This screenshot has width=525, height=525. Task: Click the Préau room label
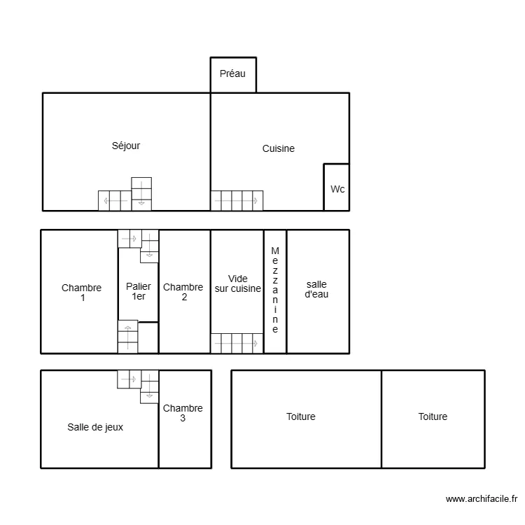232,73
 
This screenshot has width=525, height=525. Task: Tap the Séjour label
126,146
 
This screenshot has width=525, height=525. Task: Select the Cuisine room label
279,148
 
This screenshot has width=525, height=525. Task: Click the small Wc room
337,188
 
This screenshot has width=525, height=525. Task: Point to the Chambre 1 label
82,293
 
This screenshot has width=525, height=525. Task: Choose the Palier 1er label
139,291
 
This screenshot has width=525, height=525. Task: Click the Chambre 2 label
183,292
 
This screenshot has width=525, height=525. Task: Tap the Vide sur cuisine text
238,283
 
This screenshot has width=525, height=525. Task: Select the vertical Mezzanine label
275,290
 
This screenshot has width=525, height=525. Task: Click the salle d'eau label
317,289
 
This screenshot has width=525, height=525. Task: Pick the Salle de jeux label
95,427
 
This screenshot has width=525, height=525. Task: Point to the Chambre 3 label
183,413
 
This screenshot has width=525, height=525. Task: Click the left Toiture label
301,416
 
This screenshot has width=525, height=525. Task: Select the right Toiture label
433,416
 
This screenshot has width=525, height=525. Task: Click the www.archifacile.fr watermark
481,499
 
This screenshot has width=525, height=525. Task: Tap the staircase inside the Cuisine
237,200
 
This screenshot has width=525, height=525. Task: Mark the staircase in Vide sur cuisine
237,343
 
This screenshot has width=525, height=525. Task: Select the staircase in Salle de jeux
139,386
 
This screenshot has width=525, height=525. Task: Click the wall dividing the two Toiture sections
381,419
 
